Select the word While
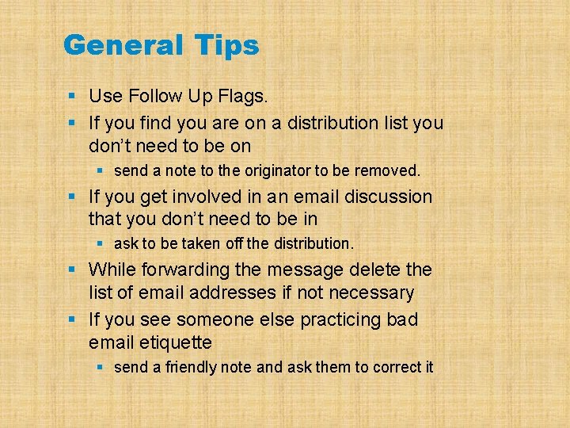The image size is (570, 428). (112, 269)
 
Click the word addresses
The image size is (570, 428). (234, 293)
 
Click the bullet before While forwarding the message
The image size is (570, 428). (72, 270)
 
